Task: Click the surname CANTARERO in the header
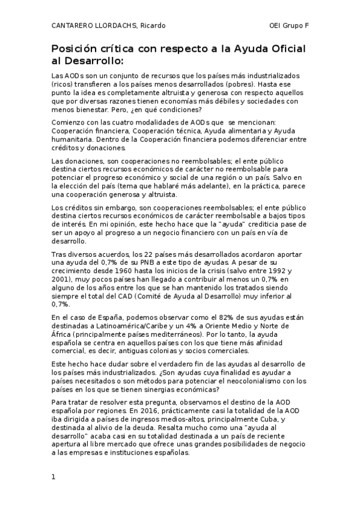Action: [73, 25]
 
